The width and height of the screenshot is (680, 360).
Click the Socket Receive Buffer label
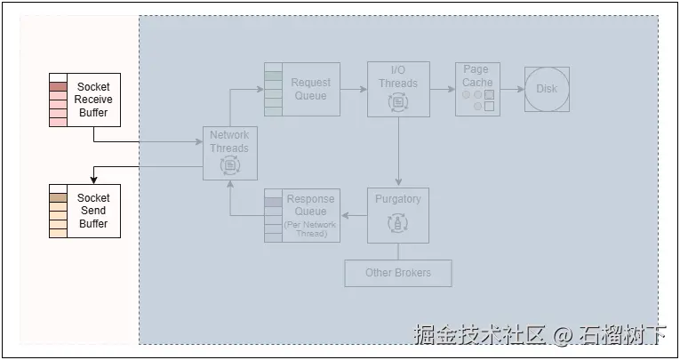pos(92,100)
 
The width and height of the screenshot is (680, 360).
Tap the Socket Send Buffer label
pos(92,211)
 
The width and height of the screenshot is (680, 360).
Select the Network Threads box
pos(229,154)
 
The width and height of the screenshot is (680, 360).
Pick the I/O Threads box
pos(398,89)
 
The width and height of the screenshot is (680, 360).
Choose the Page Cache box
pos(477,89)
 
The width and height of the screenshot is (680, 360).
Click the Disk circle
pos(547,89)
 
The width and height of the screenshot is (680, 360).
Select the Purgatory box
pos(398,214)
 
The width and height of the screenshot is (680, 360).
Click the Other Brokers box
pos(398,273)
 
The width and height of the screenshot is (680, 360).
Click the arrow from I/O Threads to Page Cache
pos(442,89)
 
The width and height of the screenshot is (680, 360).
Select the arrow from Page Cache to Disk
pos(511,89)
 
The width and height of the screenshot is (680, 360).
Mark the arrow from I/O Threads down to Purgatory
pos(398,151)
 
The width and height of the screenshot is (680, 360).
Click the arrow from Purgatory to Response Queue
pos(355,215)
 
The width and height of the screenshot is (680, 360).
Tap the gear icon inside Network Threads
pos(229,165)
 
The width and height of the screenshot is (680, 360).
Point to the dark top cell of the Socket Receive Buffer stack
pos(59,87)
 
